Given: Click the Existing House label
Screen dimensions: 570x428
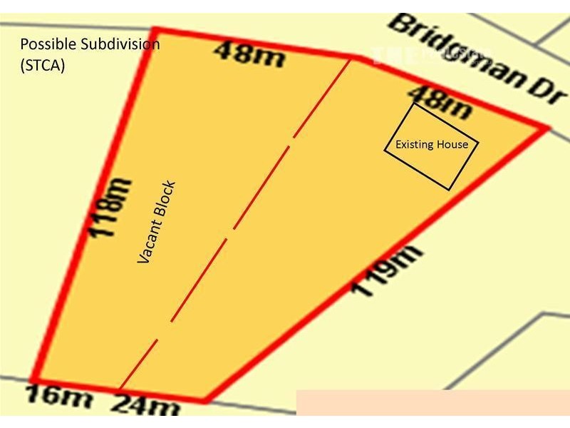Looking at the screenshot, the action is coord(427,145).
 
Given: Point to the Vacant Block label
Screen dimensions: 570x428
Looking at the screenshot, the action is coord(156,223).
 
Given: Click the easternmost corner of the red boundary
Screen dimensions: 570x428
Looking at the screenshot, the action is coord(547,128).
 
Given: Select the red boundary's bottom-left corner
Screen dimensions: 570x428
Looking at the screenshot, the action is coord(34,379).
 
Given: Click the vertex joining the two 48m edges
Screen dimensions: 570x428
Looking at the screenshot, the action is coord(352,56).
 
